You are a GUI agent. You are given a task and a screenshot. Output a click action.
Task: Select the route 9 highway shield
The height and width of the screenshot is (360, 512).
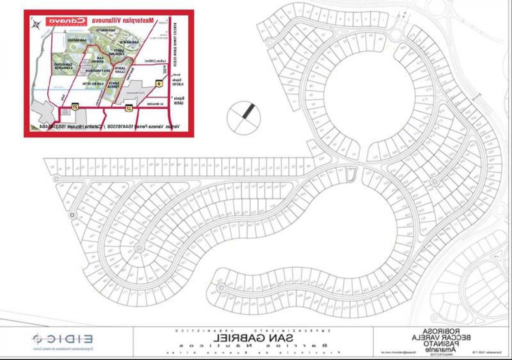click(159, 85)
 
